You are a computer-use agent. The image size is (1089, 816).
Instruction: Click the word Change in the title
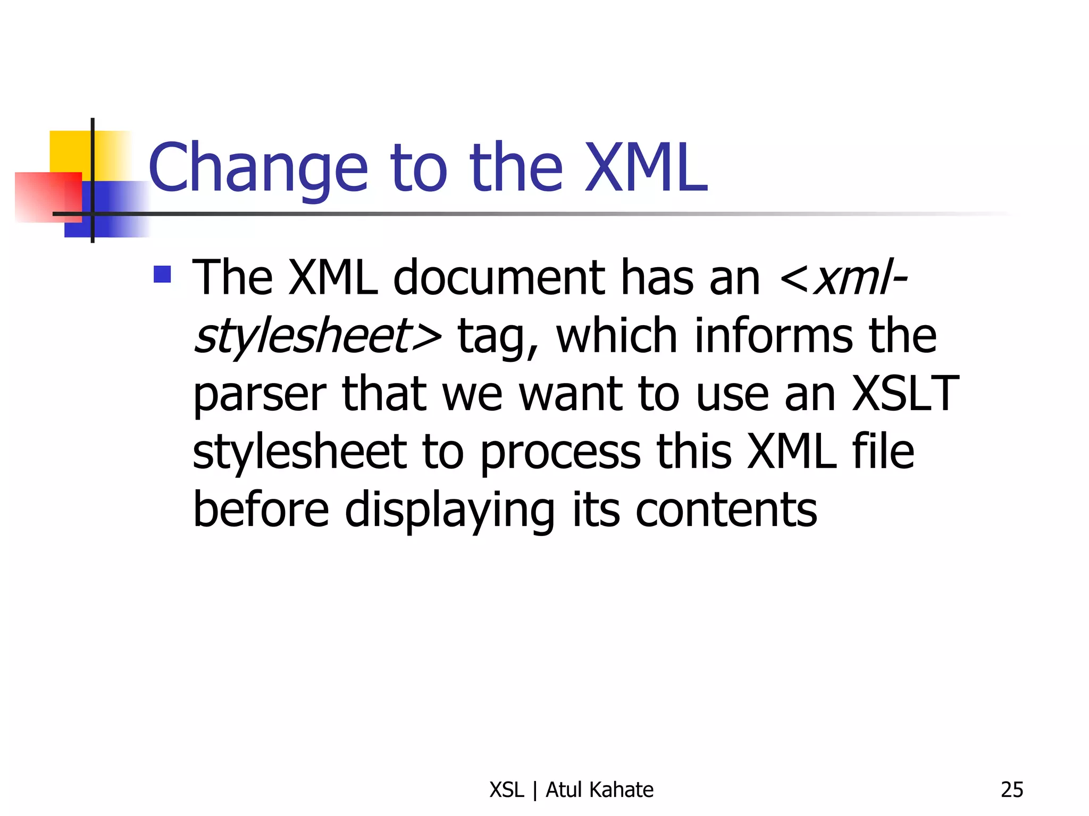(258, 169)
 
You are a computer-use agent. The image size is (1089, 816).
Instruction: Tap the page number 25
(1011, 790)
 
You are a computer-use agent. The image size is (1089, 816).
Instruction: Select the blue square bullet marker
(162, 274)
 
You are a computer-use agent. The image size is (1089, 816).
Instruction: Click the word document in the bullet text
(498, 278)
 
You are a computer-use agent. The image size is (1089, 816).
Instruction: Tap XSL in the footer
(506, 790)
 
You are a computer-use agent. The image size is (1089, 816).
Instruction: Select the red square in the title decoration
(48, 196)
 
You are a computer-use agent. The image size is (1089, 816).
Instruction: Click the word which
(616, 336)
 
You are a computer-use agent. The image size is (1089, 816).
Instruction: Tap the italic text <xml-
(843, 278)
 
